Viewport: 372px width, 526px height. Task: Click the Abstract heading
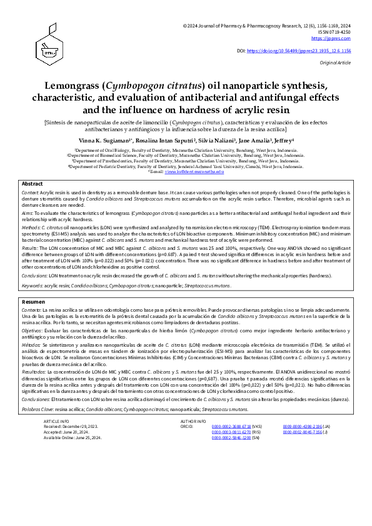click(32, 184)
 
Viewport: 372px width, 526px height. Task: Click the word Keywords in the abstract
click(33, 285)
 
